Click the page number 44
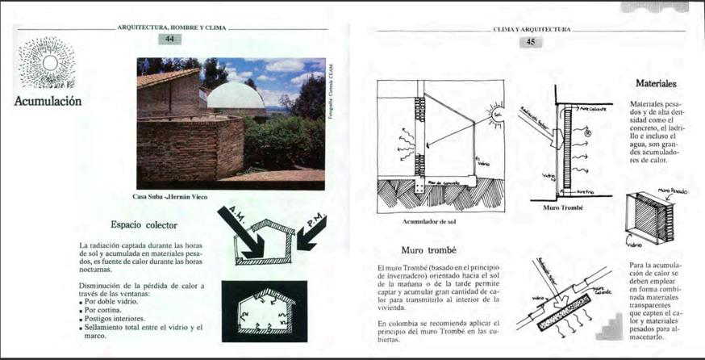[170, 39]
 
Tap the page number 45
[531, 42]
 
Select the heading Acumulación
[48, 101]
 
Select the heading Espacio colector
[144, 224]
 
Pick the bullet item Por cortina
[103, 309]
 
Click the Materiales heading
[655, 83]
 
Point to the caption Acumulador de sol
[429, 219]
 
